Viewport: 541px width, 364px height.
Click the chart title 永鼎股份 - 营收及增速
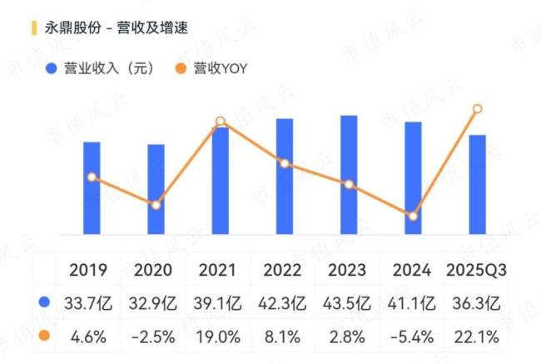point(116,27)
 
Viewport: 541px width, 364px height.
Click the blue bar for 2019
point(92,188)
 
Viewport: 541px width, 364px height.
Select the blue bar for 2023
point(349,175)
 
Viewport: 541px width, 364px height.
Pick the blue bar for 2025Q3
point(477,184)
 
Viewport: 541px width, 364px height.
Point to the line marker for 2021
point(221,122)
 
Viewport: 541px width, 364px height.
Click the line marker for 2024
point(413,217)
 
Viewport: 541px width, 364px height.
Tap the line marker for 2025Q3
point(477,108)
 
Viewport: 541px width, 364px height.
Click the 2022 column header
point(284,270)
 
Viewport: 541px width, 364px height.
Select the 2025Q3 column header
point(477,270)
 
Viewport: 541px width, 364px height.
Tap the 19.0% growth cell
point(221,337)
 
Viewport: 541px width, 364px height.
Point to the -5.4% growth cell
point(413,337)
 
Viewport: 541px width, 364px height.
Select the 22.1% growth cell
point(477,337)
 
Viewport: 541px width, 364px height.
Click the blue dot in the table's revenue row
point(44,302)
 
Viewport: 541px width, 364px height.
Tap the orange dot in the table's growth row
point(44,337)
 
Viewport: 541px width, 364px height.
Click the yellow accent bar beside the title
point(32,27)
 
